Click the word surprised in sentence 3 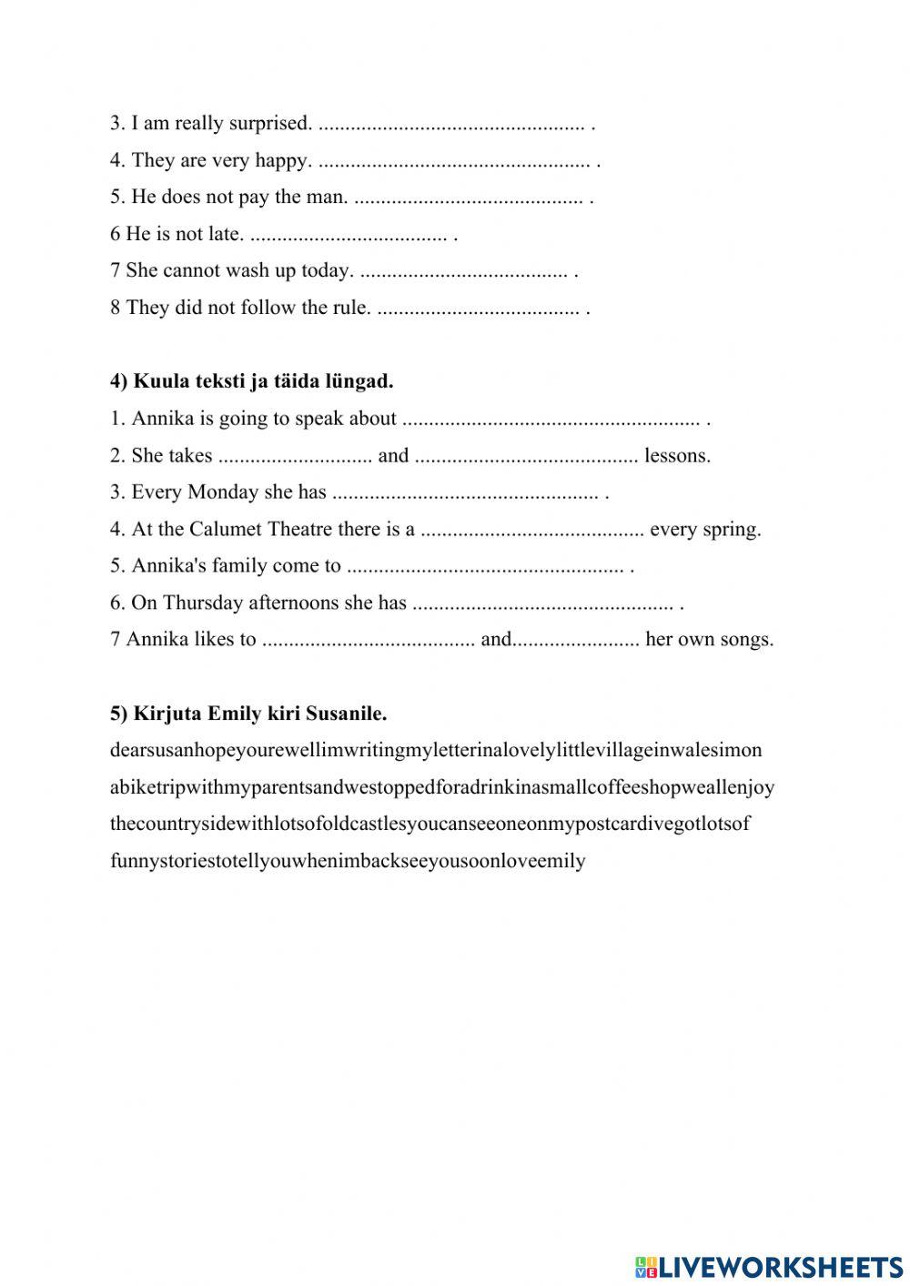(270, 123)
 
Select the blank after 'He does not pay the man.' (467, 197)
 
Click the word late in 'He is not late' (225, 234)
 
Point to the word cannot (191, 270)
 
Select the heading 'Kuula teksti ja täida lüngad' (252, 381)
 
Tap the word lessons (677, 455)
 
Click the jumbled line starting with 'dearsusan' (436, 750)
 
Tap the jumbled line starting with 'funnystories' (348, 860)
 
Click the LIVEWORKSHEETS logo (769, 1265)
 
